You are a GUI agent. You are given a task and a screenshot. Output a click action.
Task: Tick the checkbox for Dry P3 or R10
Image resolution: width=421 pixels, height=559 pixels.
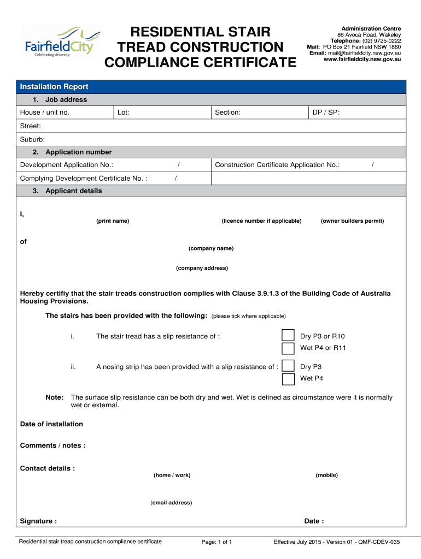click(288, 336)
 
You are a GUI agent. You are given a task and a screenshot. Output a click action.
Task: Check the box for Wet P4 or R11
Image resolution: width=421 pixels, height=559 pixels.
click(288, 348)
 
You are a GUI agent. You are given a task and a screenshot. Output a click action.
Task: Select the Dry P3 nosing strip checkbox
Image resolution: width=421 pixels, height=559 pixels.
click(288, 366)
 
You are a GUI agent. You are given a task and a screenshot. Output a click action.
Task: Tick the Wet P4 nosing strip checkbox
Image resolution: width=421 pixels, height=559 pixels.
click(288, 379)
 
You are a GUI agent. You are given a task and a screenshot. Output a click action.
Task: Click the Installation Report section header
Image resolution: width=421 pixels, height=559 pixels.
click(54, 87)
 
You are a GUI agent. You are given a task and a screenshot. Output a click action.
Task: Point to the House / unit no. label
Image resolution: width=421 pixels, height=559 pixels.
click(45, 112)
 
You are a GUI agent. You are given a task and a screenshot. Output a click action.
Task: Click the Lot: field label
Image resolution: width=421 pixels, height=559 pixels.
click(123, 112)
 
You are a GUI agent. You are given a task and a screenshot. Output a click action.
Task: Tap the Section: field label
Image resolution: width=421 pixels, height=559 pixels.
click(227, 112)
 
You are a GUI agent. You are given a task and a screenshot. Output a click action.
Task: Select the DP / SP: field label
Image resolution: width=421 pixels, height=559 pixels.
click(325, 112)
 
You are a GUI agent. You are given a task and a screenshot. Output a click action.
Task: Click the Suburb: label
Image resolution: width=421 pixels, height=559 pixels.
click(32, 139)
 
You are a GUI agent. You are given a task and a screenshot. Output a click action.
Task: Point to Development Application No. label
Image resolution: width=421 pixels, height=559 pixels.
click(66, 165)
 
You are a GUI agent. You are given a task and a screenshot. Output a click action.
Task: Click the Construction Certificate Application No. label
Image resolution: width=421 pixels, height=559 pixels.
click(277, 165)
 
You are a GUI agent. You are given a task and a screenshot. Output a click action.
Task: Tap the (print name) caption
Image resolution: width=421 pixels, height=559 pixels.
click(113, 221)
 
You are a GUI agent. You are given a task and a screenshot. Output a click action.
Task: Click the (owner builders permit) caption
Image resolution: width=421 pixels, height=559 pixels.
click(352, 221)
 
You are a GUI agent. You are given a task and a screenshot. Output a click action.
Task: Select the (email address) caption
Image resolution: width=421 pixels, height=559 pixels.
click(171, 503)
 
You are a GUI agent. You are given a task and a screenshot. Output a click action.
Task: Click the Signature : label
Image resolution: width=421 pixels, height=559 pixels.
click(38, 521)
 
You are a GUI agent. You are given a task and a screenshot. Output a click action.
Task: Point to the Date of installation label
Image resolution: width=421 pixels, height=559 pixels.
click(51, 424)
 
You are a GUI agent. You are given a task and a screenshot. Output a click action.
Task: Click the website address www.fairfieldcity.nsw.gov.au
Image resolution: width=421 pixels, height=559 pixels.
click(362, 59)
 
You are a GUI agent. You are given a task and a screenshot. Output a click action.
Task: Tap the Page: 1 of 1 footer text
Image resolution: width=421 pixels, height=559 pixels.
click(217, 542)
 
